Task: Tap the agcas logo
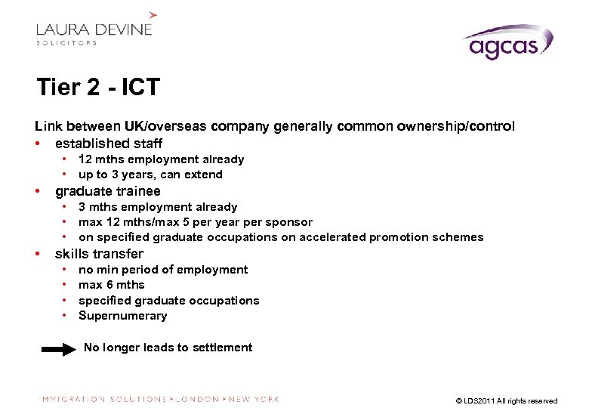507,43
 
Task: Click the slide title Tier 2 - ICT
98,88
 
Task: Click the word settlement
224,348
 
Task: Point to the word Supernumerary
122,316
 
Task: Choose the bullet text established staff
109,143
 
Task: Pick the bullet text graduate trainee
108,190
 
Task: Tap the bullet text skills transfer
99,253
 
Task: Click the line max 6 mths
111,285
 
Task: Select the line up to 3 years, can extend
150,175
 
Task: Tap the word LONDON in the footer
197,399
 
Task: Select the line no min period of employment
162,270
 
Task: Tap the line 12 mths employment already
161,159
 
